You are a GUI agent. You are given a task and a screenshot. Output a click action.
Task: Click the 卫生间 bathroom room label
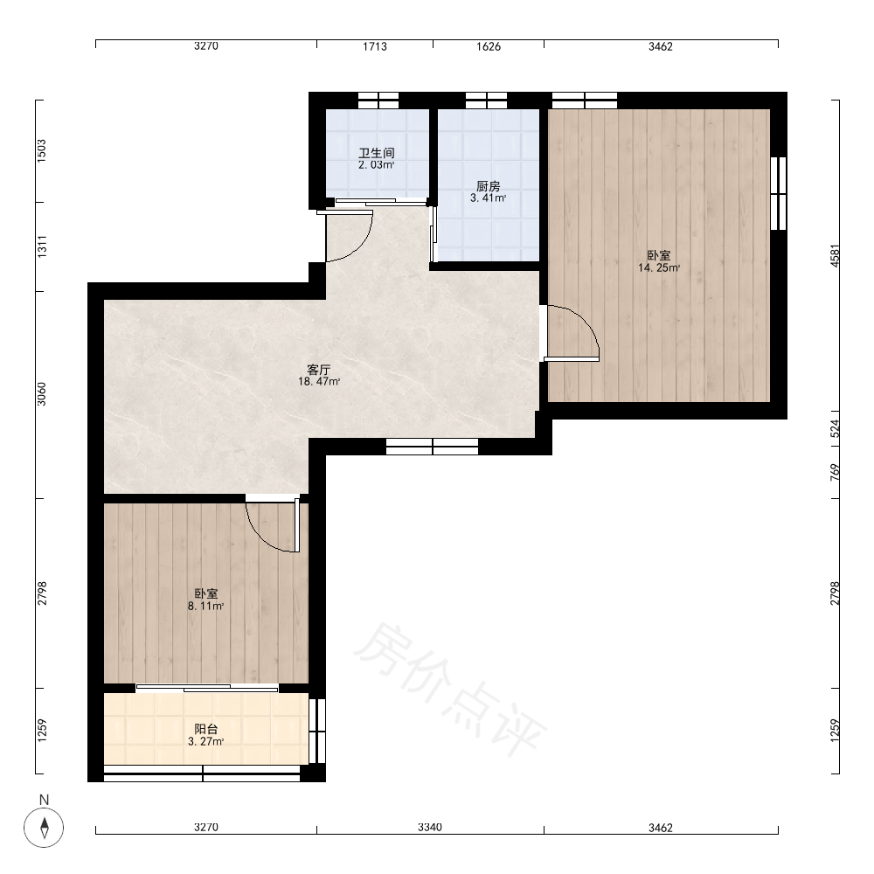pos(377,153)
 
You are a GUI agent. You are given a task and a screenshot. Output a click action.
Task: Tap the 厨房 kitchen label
pos(489,186)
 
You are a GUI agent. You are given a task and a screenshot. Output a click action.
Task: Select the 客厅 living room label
pos(319,370)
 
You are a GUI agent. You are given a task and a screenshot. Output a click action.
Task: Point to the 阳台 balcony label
pos(206,729)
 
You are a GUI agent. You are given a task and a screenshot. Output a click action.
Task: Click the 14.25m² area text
pos(659,268)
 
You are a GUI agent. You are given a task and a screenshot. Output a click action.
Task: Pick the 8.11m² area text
pos(206,607)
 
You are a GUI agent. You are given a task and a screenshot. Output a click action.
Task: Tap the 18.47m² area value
pos(319,382)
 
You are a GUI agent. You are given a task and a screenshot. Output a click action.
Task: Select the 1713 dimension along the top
pos(375,46)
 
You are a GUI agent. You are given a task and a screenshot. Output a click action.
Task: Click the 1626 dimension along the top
pos(489,46)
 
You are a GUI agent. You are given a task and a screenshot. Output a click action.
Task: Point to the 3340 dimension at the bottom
pos(430,827)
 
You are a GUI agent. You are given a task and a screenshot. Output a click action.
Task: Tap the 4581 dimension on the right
pos(835,256)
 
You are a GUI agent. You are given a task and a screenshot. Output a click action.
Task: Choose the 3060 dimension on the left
pos(42,394)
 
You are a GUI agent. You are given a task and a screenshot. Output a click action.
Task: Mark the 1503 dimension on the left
pos(42,151)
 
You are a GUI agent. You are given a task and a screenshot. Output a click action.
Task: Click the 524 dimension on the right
pos(835,428)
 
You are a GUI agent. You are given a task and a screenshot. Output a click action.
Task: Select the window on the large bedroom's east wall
pos(778,193)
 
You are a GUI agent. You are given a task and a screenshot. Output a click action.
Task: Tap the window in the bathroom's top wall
pos(378,101)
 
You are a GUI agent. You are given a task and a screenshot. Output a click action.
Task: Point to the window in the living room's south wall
pos(432,447)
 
